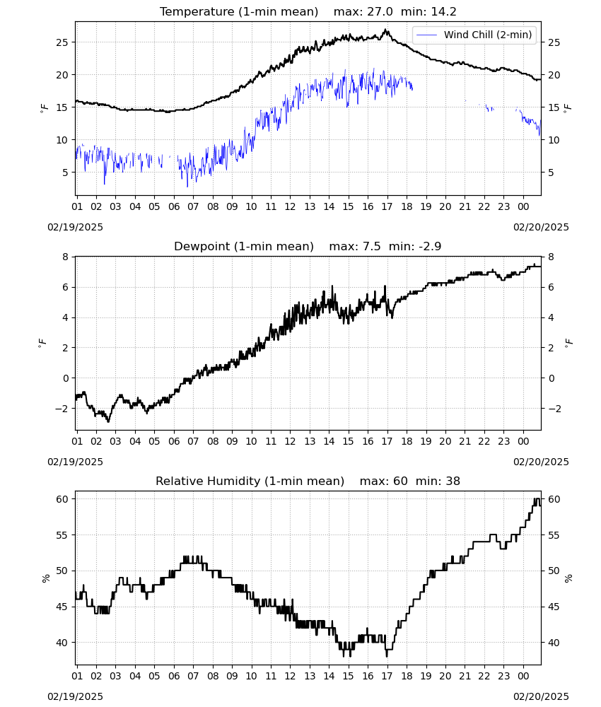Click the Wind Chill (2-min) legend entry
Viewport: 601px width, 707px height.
coord(474,35)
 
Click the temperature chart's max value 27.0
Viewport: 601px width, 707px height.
coord(380,12)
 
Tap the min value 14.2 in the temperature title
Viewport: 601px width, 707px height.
coord(444,12)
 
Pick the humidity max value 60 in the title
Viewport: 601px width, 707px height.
coord(400,481)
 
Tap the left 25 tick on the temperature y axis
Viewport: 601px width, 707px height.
coord(62,42)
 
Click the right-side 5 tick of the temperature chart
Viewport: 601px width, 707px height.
coord(551,173)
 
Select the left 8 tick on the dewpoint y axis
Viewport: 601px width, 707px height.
coord(66,257)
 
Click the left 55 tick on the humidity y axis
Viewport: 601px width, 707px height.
coord(62,535)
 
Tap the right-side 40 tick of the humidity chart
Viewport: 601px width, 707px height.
coord(554,643)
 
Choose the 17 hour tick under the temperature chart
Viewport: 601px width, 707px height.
coord(387,206)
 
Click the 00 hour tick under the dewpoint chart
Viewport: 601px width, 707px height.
coord(523,441)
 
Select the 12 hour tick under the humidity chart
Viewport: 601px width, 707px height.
coord(290,676)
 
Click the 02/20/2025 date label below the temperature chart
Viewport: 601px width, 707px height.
coord(541,227)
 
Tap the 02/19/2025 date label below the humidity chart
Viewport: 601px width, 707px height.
coord(75,696)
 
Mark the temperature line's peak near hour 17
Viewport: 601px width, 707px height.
coord(385,30)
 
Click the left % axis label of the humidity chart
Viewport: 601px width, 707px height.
coord(45,578)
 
